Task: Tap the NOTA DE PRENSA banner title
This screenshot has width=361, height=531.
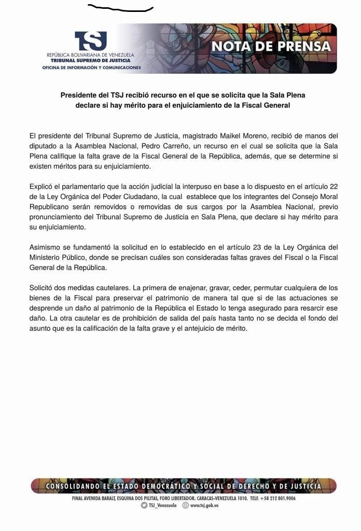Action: tap(271, 46)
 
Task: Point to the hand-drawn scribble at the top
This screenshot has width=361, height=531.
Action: tap(120, 8)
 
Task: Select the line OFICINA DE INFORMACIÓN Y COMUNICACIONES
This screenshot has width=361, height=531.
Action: tap(91, 67)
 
